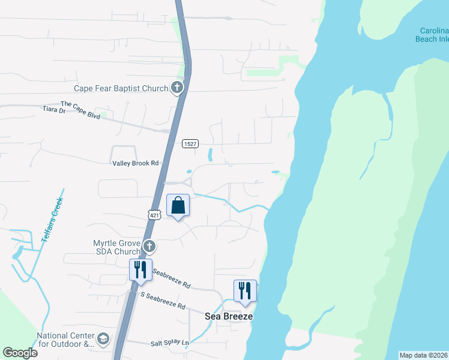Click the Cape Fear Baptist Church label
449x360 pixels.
121,88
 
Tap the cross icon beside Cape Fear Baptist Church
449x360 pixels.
176,88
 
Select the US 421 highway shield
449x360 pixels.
154,214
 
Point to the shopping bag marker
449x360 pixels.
178,206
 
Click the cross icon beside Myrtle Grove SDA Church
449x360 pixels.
149,246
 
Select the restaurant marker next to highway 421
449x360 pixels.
140,271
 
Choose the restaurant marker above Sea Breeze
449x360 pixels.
245,292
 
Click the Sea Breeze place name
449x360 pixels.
229,316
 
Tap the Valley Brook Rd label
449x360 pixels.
135,163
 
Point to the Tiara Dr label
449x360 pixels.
53,110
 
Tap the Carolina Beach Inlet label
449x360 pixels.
432,35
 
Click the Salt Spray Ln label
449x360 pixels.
170,343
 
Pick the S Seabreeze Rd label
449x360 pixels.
163,301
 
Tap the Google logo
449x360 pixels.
20,352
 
